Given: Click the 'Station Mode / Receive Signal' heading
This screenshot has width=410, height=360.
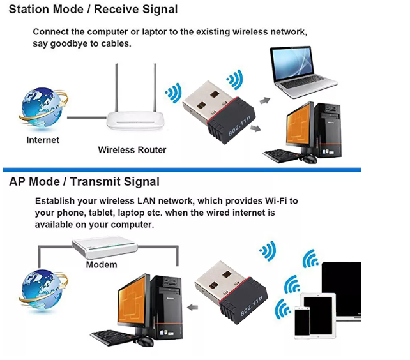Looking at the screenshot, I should (93, 10).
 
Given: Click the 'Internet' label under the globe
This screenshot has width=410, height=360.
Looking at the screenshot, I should (43, 140).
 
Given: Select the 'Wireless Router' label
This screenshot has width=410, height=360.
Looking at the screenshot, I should (132, 150).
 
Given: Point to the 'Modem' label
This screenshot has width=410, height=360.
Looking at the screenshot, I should (102, 264).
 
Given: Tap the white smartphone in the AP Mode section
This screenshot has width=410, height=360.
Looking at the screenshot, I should (302, 322).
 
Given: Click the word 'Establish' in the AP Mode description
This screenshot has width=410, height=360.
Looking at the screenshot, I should (56, 201).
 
